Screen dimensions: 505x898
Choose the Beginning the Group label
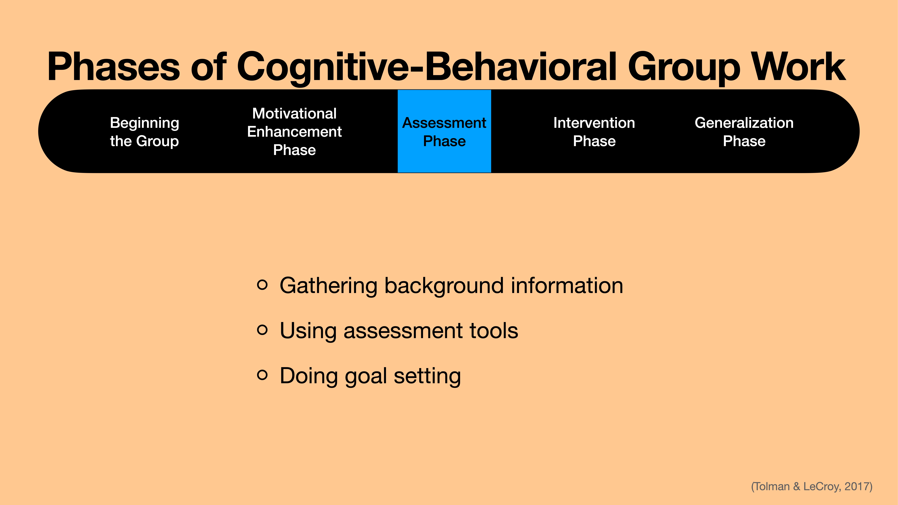[x=144, y=132]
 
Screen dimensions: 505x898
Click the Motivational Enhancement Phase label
[x=294, y=132]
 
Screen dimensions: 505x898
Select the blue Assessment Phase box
[x=444, y=132]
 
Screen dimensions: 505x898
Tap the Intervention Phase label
[x=594, y=132]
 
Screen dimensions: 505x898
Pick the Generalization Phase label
[x=744, y=132]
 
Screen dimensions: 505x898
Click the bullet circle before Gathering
[x=262, y=285]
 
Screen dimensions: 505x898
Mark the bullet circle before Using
[x=262, y=330]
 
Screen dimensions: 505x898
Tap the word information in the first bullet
[x=567, y=286]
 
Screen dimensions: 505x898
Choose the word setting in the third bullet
[x=427, y=376]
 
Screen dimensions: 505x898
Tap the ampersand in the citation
[x=797, y=486]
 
